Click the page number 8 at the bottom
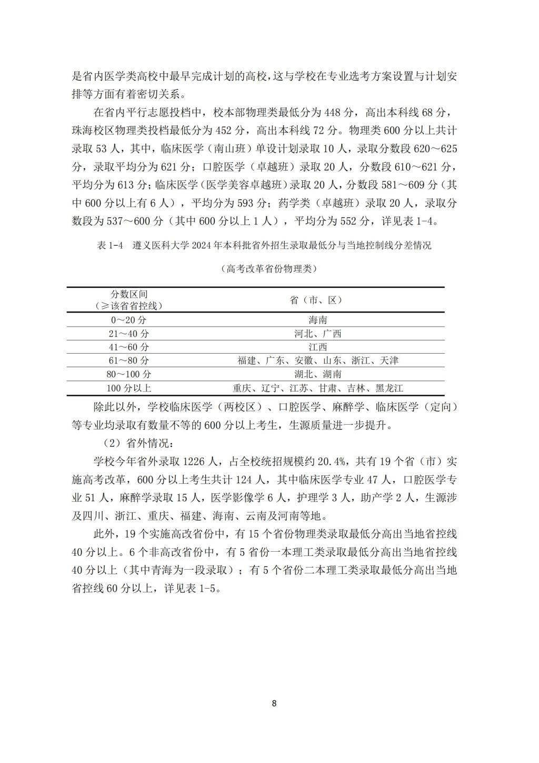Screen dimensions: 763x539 pos(274,703)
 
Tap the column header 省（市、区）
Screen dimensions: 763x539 pos(317,300)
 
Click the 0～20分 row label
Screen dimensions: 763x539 pos(128,320)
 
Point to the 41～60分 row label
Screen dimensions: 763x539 pos(128,347)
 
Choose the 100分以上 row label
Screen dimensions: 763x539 pos(128,388)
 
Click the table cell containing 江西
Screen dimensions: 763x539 pos(317,347)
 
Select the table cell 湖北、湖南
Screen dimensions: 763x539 pos(317,375)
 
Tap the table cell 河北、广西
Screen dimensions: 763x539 pos(317,334)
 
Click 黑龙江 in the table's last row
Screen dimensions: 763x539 pos(389,388)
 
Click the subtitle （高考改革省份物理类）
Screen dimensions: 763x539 pos(269,269)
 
